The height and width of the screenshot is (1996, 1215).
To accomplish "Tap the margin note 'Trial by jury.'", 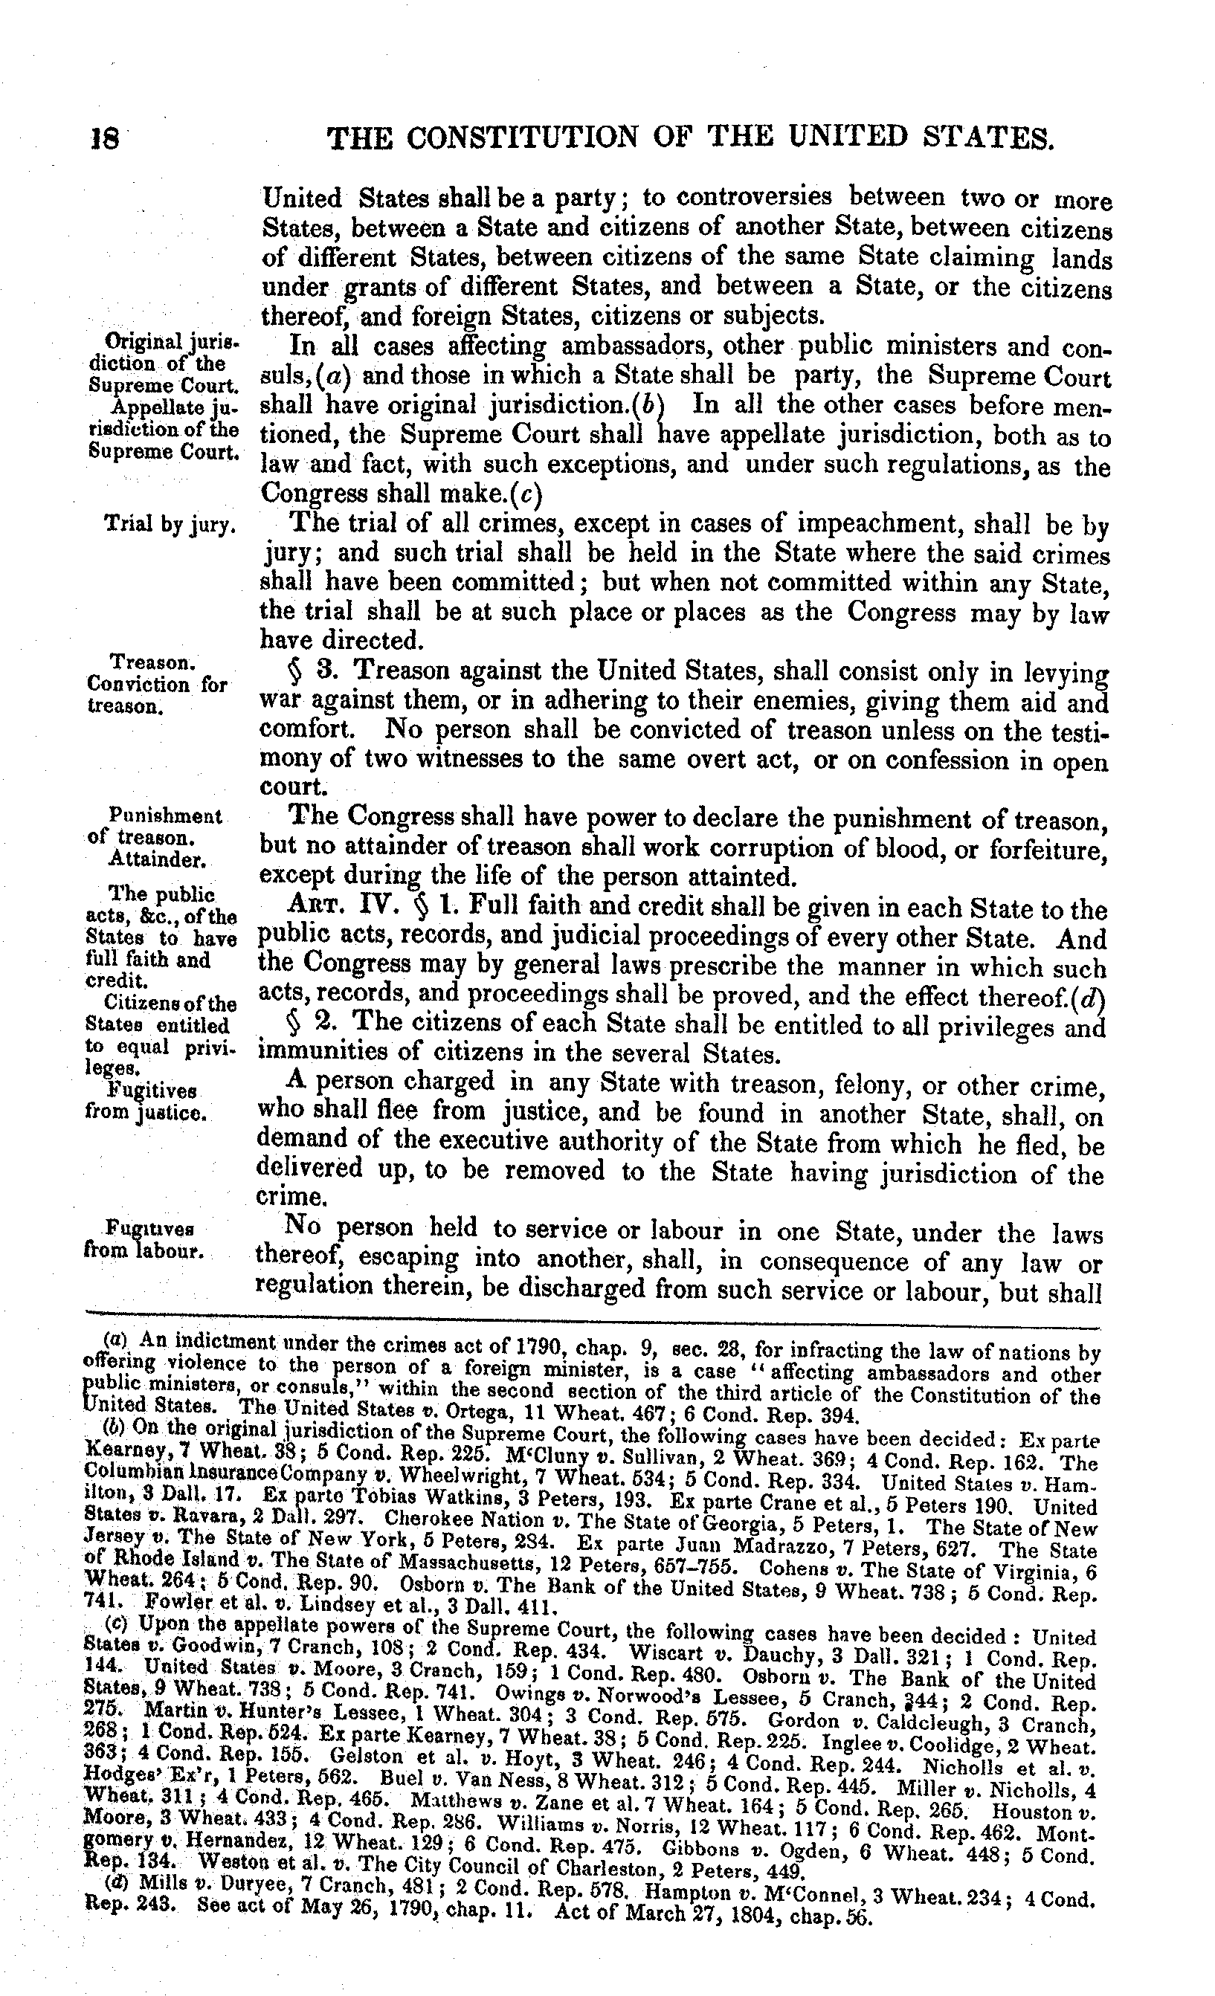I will point(171,524).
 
